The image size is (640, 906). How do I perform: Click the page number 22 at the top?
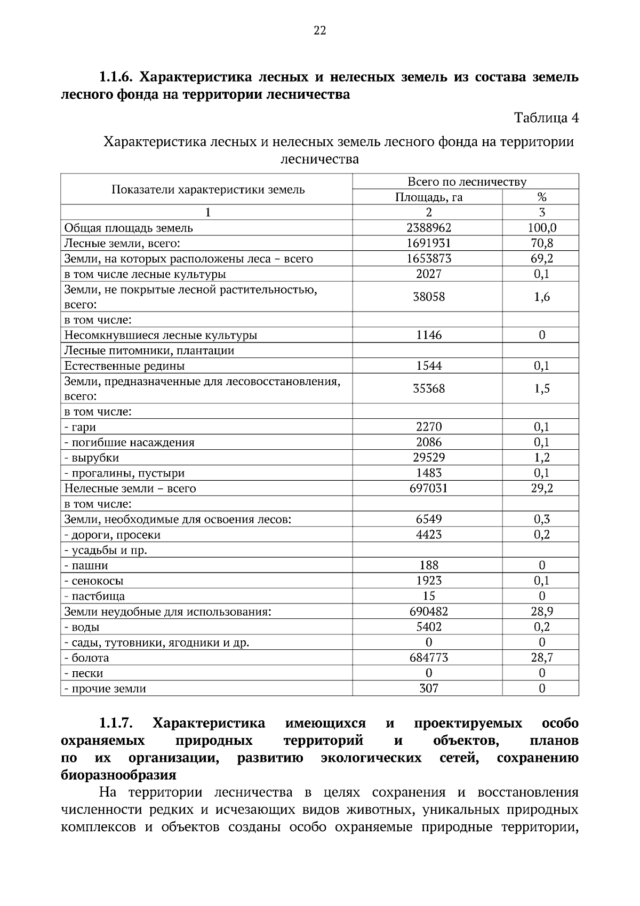(319, 30)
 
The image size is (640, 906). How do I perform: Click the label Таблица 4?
(546, 118)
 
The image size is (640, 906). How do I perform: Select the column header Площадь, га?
(428, 197)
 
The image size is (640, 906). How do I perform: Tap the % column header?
(541, 197)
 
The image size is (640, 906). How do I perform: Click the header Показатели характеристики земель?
(208, 190)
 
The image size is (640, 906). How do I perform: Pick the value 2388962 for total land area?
(428, 228)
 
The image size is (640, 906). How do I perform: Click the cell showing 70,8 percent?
(541, 243)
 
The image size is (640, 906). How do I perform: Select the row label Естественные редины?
(125, 366)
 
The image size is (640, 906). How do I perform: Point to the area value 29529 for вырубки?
(428, 458)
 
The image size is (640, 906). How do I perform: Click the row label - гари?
(81, 427)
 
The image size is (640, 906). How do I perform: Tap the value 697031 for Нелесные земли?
(428, 489)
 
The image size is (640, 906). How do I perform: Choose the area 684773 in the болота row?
(428, 658)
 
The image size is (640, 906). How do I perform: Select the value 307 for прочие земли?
(428, 689)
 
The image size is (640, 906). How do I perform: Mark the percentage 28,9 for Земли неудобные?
(541, 612)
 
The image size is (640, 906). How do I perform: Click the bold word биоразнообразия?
(118, 775)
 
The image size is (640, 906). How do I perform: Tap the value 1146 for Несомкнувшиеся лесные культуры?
(428, 336)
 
